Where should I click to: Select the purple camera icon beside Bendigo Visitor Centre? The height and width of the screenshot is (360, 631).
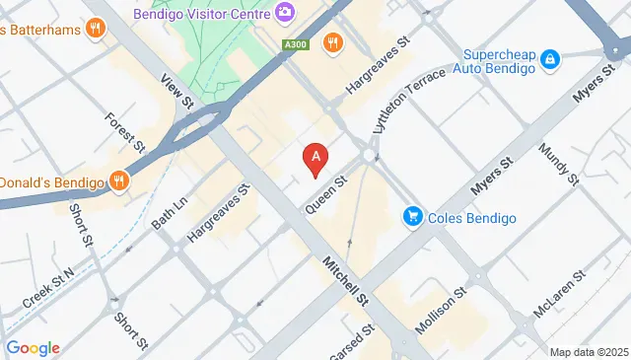[x=285, y=12]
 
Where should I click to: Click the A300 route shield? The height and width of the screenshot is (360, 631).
[x=293, y=44]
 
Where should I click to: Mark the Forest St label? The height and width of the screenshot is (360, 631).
[x=125, y=132]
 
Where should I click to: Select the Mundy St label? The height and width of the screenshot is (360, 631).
[x=557, y=164]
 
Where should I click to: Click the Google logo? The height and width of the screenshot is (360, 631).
[x=33, y=347]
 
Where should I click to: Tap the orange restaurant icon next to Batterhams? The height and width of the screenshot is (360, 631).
[x=96, y=29]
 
